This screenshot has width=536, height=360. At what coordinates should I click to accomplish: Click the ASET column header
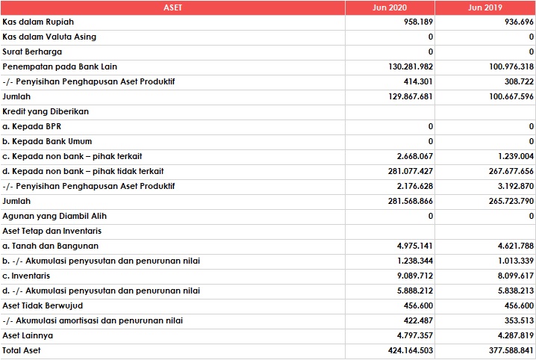tap(172, 7)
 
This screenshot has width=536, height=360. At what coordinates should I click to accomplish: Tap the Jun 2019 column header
tap(485, 7)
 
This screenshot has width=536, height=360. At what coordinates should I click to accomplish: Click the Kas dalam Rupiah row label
tap(38, 22)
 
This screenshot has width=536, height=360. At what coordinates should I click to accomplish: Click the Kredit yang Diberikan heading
tap(46, 111)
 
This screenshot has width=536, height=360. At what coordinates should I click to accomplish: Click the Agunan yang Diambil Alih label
tap(54, 216)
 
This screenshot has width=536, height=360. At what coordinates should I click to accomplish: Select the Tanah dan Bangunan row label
tap(50, 246)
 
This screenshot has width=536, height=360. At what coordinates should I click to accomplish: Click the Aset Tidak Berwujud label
tap(43, 305)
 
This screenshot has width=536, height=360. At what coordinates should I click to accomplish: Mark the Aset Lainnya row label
tap(28, 335)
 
